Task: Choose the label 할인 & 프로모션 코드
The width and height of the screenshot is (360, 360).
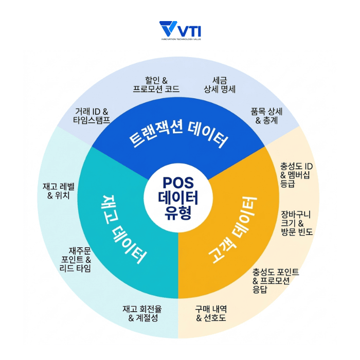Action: [x=155, y=85]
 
